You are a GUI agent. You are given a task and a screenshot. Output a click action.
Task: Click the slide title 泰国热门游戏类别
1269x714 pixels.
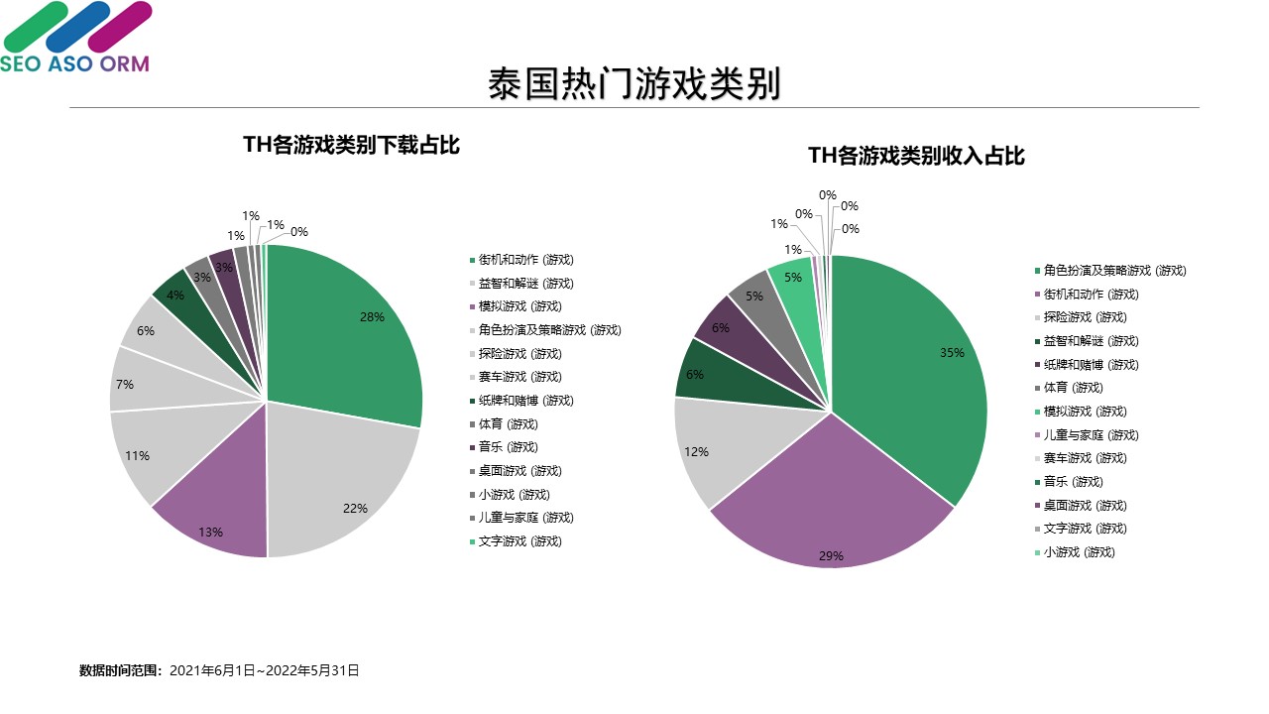click(x=634, y=84)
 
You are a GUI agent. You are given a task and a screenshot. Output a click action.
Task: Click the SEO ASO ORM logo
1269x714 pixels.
click(x=75, y=38)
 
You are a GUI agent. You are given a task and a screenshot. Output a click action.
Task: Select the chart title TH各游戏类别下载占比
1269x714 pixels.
click(x=352, y=145)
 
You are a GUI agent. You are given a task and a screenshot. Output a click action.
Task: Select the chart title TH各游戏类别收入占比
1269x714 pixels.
click(x=916, y=156)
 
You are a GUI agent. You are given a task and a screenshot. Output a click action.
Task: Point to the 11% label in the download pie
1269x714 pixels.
click(x=138, y=456)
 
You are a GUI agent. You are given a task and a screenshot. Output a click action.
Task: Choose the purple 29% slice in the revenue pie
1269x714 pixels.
click(x=833, y=506)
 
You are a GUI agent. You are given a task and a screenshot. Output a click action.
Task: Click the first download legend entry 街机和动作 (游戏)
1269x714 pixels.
click(x=525, y=260)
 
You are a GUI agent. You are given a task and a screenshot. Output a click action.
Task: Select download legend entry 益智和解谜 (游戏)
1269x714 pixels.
click(x=525, y=284)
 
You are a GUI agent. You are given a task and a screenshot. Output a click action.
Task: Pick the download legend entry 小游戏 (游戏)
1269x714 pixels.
click(x=514, y=494)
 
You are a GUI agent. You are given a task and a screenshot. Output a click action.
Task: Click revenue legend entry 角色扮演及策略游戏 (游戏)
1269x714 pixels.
click(x=1114, y=271)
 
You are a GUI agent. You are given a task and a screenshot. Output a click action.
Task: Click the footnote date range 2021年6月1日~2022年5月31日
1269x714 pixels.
click(x=265, y=671)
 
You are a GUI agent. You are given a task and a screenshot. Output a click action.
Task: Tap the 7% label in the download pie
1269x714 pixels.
click(x=125, y=384)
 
